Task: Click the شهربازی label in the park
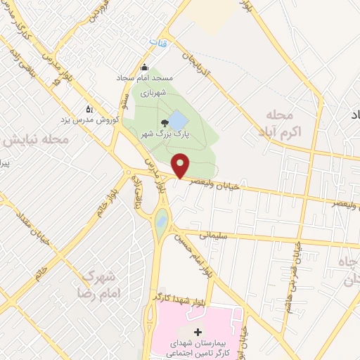(150, 93)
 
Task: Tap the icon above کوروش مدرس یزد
(89, 109)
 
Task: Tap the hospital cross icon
(197, 331)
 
